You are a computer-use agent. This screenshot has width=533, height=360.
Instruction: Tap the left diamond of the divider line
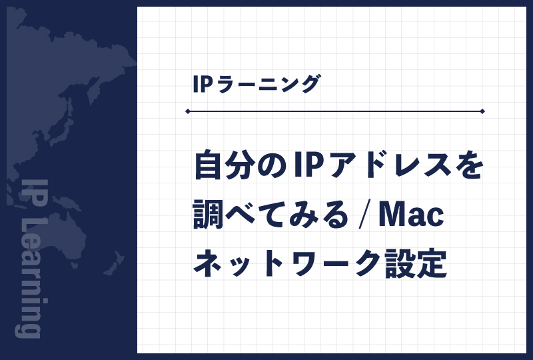[189, 111]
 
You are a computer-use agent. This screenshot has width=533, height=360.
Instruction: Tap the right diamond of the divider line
[482, 111]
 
